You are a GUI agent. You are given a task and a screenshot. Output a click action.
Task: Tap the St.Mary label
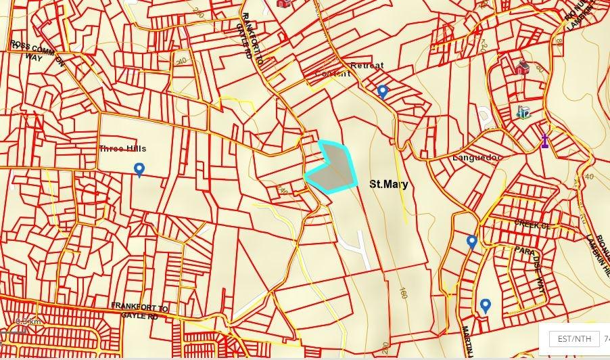(x=389, y=183)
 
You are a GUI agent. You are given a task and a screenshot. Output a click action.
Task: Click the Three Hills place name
(x=122, y=149)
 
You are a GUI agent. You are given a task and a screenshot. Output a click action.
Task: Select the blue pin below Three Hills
(x=139, y=170)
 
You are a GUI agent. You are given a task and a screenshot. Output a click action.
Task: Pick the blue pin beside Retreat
(x=383, y=91)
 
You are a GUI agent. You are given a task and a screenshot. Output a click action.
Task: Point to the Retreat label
(x=367, y=66)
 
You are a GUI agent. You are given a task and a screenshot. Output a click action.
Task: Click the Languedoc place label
(x=477, y=158)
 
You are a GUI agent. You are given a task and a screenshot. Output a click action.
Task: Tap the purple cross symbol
(x=544, y=141)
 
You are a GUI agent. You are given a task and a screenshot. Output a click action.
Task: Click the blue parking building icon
(x=524, y=112)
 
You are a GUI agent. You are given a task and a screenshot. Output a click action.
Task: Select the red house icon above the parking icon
(x=521, y=68)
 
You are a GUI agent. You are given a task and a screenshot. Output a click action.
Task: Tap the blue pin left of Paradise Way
(x=472, y=242)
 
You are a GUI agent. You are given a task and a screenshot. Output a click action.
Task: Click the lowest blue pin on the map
(x=485, y=307)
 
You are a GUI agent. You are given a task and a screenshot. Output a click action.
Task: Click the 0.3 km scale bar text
(x=27, y=321)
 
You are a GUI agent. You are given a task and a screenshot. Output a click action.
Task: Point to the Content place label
(x=333, y=73)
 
